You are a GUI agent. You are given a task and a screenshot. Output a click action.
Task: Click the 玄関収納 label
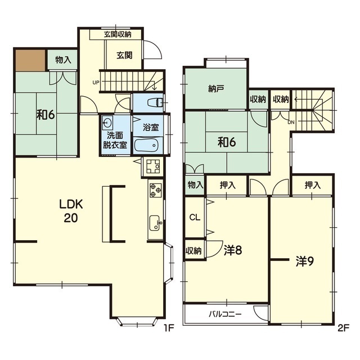tap(118, 35)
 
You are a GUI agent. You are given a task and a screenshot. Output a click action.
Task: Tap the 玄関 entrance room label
tap(124, 55)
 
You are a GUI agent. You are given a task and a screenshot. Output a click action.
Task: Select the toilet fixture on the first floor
tap(155, 102)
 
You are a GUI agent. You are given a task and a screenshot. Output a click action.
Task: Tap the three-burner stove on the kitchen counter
tap(155, 190)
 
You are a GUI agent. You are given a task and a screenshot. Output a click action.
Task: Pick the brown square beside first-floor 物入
tap(30, 60)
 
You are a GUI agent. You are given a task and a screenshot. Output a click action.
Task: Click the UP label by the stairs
tap(96, 82)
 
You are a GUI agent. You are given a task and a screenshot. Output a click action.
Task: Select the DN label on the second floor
tap(291, 123)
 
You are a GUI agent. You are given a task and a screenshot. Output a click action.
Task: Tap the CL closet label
tap(195, 218)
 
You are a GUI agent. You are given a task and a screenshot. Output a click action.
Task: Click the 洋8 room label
tap(233, 250)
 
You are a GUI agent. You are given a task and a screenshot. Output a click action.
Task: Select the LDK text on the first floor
tap(71, 204)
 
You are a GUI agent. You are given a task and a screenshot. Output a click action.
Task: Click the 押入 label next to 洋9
tap(312, 185)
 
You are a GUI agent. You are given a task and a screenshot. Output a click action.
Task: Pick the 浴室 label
tap(151, 128)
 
